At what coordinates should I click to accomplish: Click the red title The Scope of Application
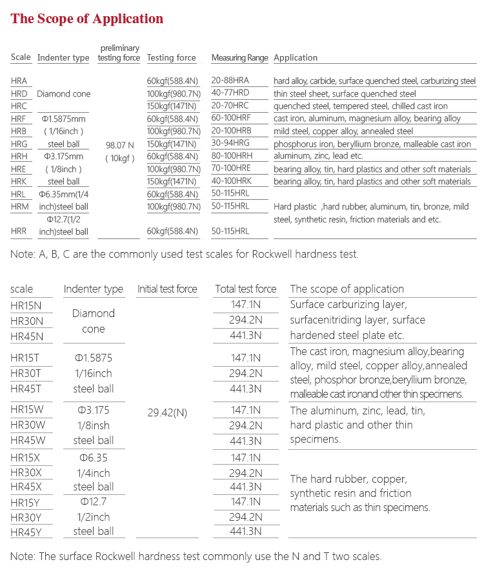[x=87, y=19]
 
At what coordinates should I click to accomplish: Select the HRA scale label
[x=19, y=81]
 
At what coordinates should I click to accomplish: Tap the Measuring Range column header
[x=239, y=58]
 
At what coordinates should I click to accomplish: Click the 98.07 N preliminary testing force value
[x=119, y=145]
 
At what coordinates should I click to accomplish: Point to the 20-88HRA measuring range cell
[x=230, y=81]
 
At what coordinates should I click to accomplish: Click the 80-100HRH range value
[x=231, y=157]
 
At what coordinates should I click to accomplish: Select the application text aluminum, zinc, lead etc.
[x=319, y=157]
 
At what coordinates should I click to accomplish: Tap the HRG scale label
[x=19, y=144]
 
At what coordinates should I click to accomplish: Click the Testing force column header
[x=171, y=58]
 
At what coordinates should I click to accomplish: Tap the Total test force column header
[x=245, y=289]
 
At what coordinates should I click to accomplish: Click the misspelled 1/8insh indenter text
[x=94, y=425]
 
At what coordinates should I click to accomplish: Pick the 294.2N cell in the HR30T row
[x=245, y=374]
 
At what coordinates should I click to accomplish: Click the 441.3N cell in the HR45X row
[x=245, y=487]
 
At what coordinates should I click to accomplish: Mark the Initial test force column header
[x=167, y=289]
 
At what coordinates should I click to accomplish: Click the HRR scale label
[x=19, y=231]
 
